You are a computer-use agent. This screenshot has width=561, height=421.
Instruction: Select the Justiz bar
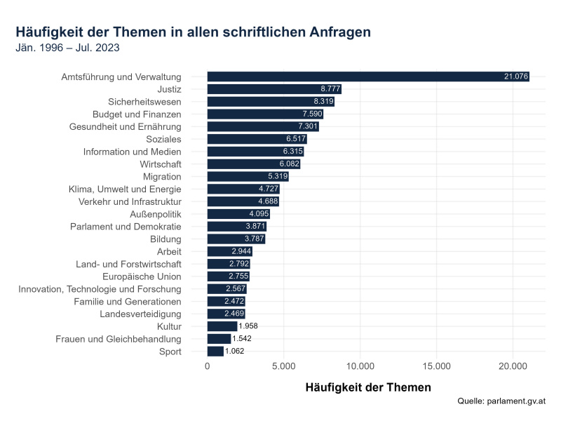(x=274, y=89)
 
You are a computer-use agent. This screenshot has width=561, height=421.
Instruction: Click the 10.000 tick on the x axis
(x=360, y=366)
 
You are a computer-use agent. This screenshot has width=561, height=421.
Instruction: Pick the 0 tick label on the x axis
(x=208, y=366)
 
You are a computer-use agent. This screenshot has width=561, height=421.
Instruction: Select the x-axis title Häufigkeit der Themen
(x=369, y=387)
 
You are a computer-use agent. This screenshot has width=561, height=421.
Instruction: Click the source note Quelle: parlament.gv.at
(x=501, y=401)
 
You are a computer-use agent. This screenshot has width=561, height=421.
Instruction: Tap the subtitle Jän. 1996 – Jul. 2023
(x=67, y=48)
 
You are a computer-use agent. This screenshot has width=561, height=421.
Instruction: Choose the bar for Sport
(x=215, y=351)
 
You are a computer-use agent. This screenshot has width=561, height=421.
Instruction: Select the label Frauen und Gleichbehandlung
(x=119, y=339)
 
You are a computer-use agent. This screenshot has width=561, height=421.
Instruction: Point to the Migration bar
(x=248, y=177)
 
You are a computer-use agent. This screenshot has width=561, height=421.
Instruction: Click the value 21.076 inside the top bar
(x=516, y=76)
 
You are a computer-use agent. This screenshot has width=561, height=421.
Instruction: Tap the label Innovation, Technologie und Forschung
(x=100, y=288)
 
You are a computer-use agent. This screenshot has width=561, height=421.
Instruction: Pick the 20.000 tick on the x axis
(x=513, y=366)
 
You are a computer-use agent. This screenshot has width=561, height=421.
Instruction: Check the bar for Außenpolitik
(x=238, y=214)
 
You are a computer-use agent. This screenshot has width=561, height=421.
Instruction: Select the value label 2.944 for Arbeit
(x=241, y=251)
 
